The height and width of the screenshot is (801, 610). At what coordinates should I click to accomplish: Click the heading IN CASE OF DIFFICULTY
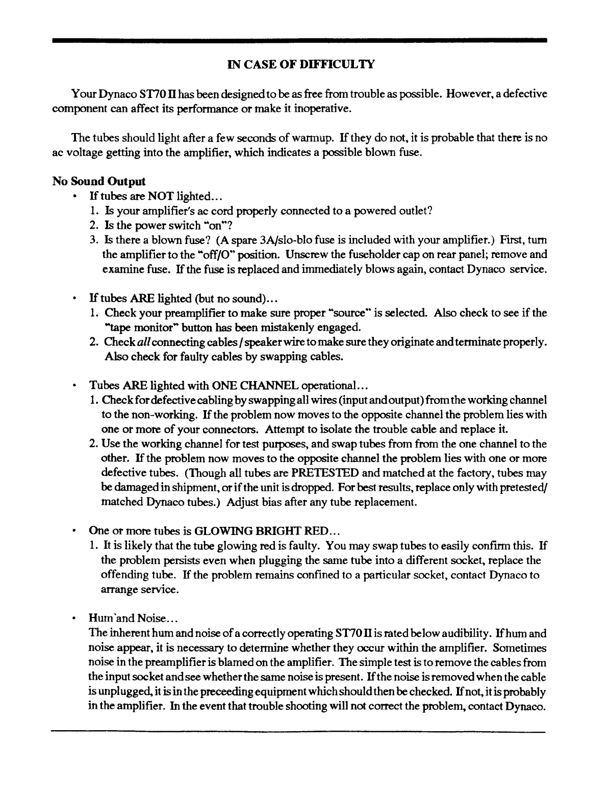click(301, 64)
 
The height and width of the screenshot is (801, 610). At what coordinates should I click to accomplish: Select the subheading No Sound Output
click(99, 181)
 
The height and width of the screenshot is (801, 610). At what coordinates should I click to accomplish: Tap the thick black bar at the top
click(299, 40)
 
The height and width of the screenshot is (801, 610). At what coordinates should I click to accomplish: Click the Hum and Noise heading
click(133, 619)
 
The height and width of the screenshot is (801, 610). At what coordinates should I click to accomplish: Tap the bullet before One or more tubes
click(75, 530)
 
